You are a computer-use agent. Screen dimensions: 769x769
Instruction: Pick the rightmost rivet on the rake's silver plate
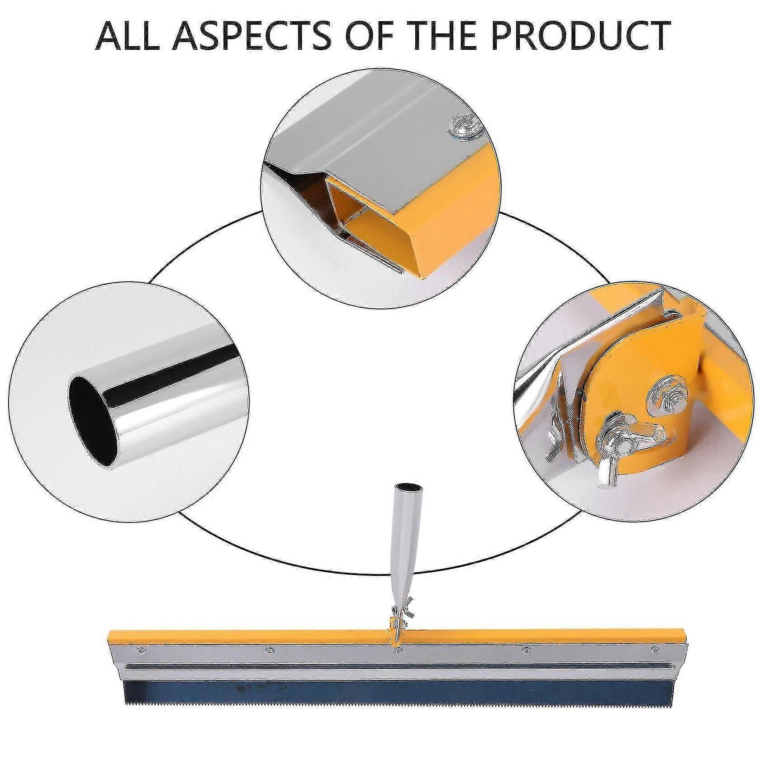pos(653,650)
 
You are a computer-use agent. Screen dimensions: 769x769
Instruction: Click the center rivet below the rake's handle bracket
pos(397,650)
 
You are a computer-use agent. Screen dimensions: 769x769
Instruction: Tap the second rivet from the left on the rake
pos(269,650)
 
